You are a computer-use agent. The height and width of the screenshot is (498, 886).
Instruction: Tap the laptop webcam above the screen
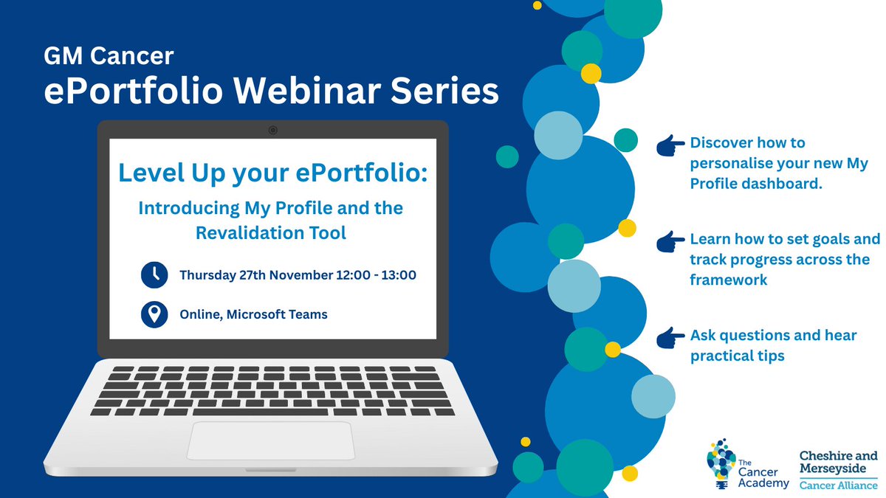click(x=272, y=130)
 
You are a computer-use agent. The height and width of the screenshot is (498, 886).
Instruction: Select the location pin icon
click(x=154, y=314)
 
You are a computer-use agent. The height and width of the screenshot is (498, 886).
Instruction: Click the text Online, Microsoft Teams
click(x=254, y=314)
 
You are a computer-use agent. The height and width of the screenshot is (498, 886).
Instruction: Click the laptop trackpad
click(x=270, y=441)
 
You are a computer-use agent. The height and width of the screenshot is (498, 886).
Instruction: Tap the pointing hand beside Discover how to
click(x=670, y=145)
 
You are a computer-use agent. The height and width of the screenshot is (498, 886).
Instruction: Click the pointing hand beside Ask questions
click(x=670, y=338)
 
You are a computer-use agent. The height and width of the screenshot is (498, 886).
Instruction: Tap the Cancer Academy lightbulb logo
click(x=720, y=463)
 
